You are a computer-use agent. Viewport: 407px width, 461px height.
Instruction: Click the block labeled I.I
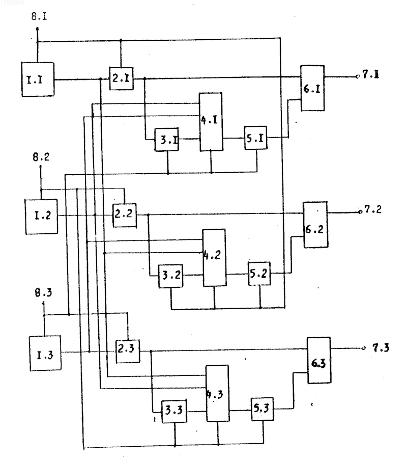tap(38, 79)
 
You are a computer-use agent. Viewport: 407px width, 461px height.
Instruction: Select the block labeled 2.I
tap(121, 78)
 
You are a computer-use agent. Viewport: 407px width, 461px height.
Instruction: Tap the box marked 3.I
tap(166, 140)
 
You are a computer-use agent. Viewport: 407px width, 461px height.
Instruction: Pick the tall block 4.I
tap(211, 122)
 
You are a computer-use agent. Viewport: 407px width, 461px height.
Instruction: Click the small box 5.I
tap(256, 138)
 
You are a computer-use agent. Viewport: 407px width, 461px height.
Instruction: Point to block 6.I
tap(312, 88)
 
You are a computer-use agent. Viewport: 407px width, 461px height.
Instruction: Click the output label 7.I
tap(370, 74)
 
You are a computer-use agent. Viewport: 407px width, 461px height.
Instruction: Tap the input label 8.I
tap(39, 16)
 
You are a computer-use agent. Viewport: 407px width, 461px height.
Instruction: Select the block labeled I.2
tap(41, 216)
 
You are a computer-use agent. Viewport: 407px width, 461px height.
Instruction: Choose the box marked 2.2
tap(125, 215)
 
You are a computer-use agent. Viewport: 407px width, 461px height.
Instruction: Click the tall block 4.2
tap(214, 258)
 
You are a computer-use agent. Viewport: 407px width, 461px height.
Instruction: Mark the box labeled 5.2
tap(259, 274)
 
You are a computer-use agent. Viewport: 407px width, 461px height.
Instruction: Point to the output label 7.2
tap(373, 210)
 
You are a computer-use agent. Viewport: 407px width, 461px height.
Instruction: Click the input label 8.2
tap(41, 157)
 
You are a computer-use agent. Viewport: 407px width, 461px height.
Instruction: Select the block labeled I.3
tap(45, 354)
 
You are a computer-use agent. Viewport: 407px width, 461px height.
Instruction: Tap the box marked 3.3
tap(174, 411)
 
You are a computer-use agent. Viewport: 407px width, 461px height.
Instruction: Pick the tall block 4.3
tap(218, 393)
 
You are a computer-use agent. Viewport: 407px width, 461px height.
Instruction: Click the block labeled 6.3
tap(319, 360)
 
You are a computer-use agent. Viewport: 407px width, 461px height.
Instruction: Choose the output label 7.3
tap(381, 348)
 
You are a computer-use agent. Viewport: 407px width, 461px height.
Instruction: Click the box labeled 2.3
tap(128, 351)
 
